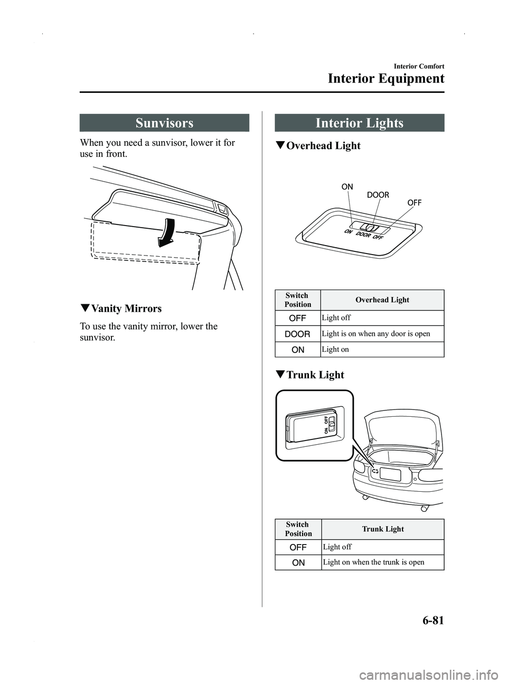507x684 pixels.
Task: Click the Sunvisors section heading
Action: click(x=164, y=123)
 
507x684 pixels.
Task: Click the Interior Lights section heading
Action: click(x=359, y=123)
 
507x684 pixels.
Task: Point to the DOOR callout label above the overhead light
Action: click(x=378, y=195)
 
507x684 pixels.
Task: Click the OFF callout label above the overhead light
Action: click(x=414, y=203)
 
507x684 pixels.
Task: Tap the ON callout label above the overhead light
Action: click(x=347, y=186)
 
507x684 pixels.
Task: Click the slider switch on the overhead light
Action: click(x=371, y=228)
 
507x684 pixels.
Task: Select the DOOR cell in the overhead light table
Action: click(x=298, y=334)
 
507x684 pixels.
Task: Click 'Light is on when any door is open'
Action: click(x=376, y=334)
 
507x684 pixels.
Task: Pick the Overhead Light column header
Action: click(x=382, y=300)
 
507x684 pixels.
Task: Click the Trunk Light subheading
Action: click(x=315, y=375)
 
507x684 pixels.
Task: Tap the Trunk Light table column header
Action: click(x=383, y=529)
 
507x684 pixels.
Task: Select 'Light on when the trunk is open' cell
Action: click(x=373, y=562)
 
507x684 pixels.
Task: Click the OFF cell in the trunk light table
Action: click(x=298, y=547)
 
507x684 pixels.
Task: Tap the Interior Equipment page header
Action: click(x=386, y=79)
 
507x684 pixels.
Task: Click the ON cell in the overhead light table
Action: click(x=298, y=350)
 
